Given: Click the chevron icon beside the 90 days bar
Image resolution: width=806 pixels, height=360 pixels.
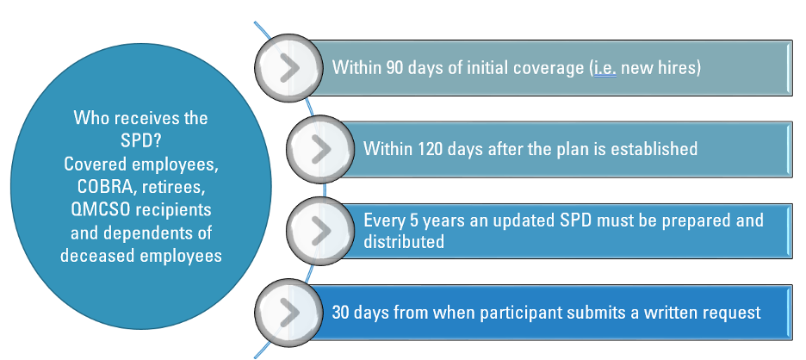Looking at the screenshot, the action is (x=289, y=68).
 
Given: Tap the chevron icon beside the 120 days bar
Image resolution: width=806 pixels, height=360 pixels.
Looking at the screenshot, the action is (x=320, y=149).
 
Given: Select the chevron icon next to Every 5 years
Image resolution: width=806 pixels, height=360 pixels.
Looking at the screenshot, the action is (x=320, y=231).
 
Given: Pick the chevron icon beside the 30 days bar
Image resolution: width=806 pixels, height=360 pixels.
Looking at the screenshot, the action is (x=289, y=312).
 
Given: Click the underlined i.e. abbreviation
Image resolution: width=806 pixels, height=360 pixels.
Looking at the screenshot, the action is (x=605, y=68).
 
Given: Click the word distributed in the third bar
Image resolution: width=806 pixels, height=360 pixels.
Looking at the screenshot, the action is (x=404, y=241).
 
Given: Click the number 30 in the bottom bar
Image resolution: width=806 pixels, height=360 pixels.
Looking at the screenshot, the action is (x=341, y=313).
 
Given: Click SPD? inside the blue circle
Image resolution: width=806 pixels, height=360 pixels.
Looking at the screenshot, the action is (x=141, y=141).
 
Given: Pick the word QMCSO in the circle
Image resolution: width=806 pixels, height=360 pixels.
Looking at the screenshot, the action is (x=96, y=210).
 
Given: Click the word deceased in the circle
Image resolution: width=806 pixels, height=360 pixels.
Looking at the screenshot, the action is (x=94, y=256).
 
